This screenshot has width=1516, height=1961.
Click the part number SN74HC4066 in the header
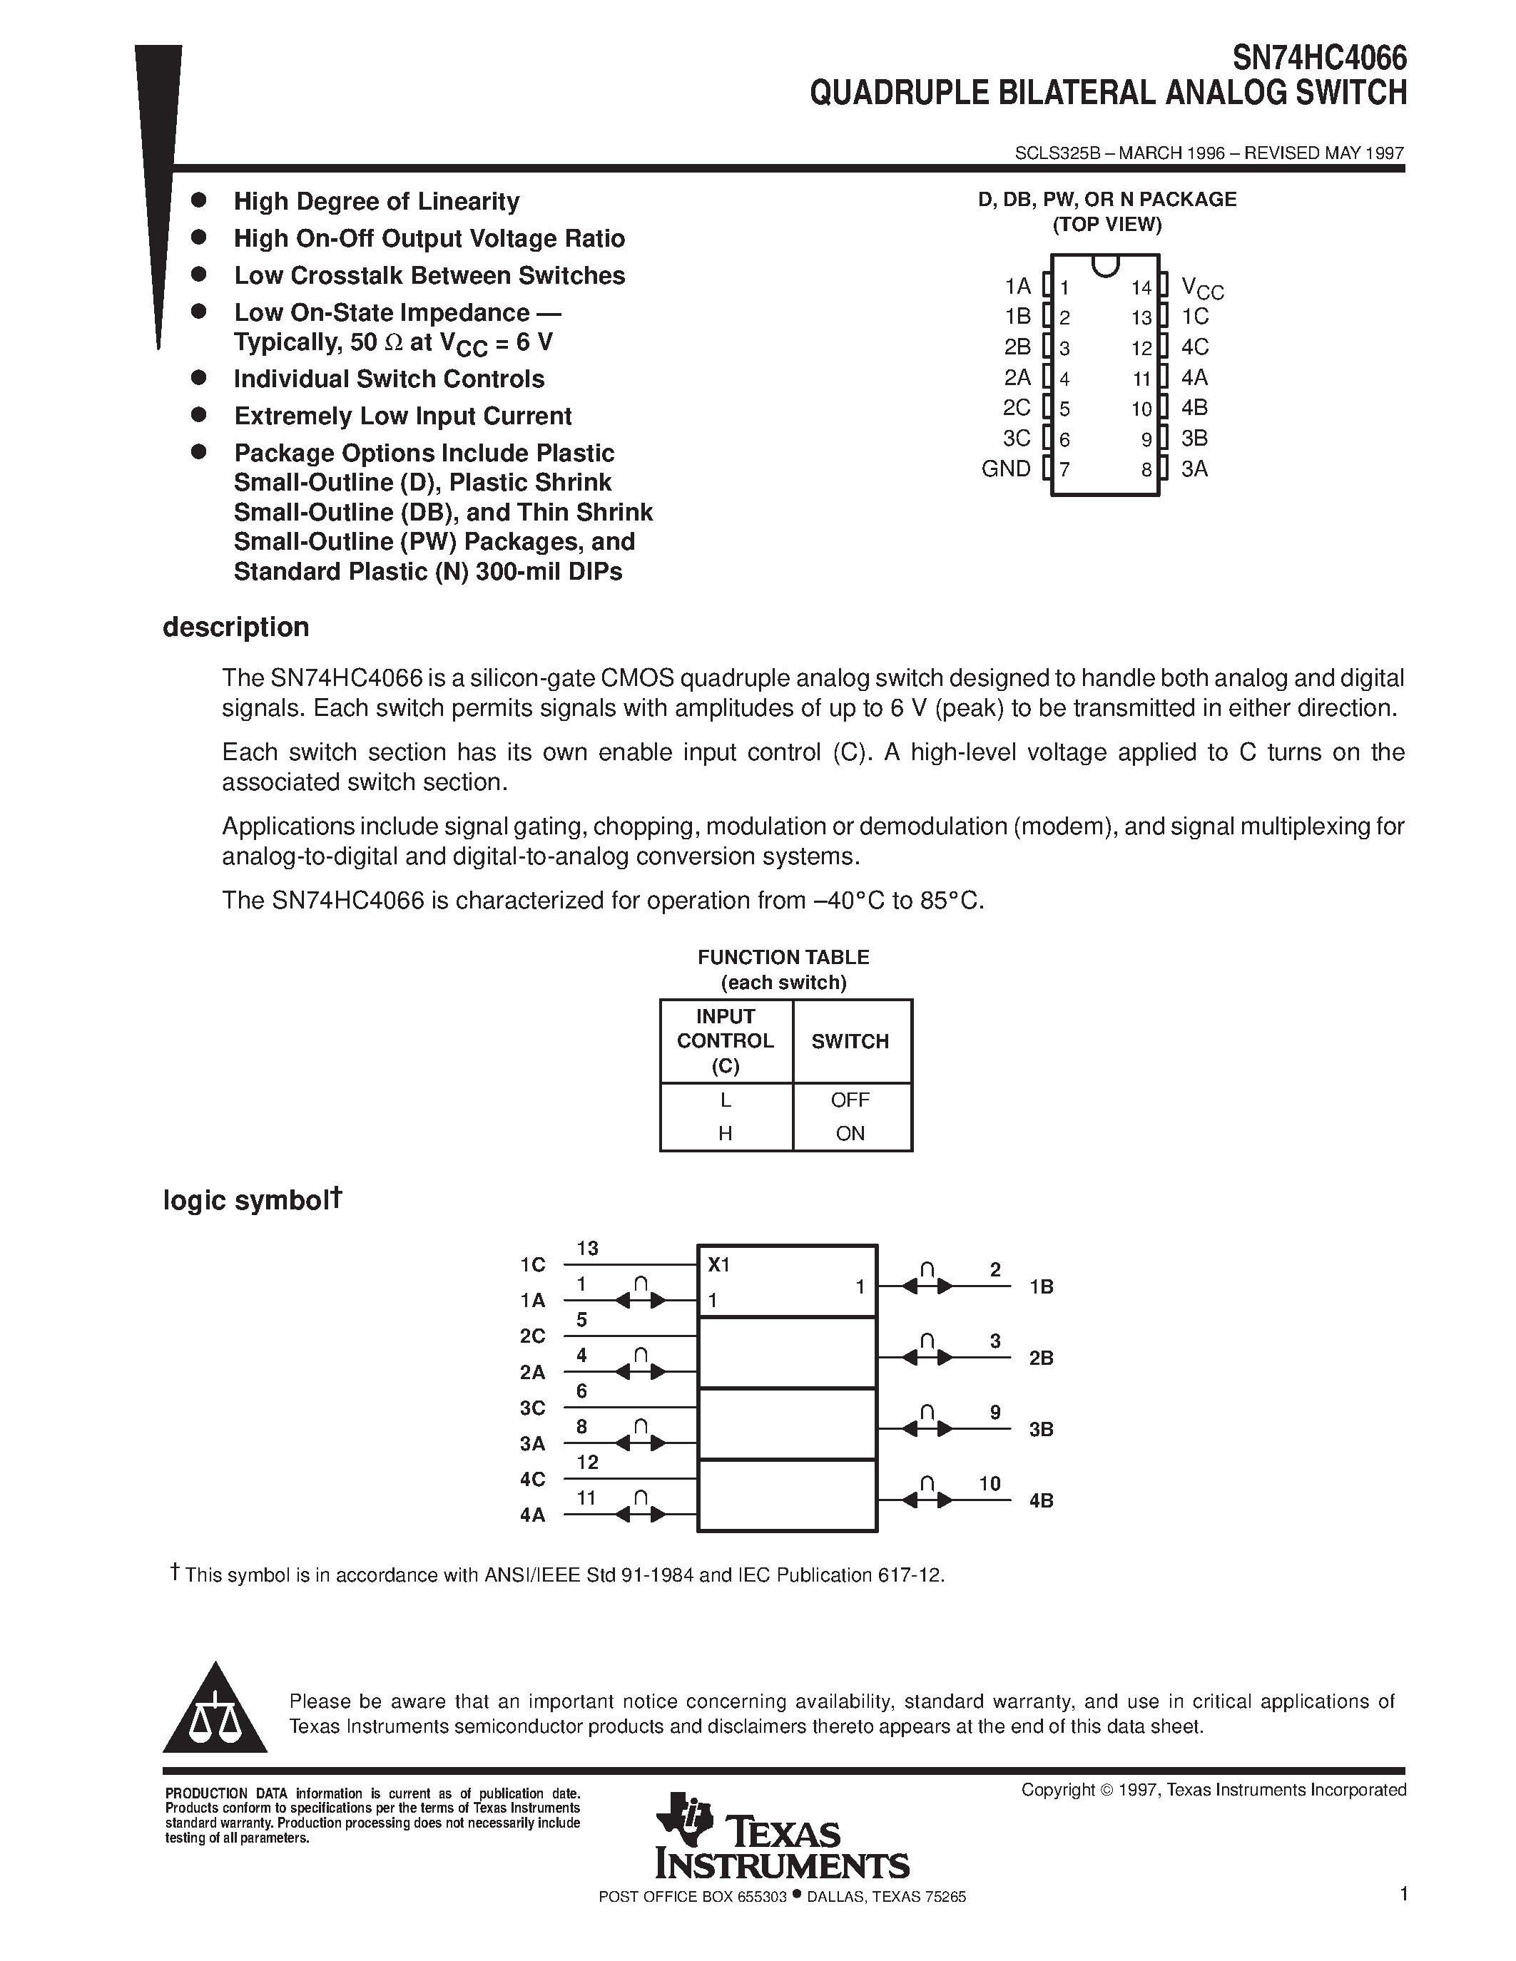[x=1318, y=58]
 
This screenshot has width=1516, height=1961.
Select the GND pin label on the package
[x=1006, y=469]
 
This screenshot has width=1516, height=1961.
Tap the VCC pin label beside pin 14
[x=1201, y=288]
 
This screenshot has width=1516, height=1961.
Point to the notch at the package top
[x=1106, y=265]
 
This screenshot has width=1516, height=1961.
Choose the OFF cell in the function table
[x=850, y=1100]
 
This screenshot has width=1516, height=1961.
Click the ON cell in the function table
[x=850, y=1134]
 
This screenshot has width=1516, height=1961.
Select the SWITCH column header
[x=850, y=1042]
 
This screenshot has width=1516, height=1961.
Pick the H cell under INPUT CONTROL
[x=725, y=1134]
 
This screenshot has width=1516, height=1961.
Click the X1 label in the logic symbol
[x=718, y=1265]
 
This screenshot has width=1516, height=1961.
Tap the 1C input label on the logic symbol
[x=533, y=1265]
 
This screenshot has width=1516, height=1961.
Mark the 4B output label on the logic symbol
[x=1041, y=1500]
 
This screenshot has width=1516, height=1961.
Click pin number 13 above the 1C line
[x=587, y=1249]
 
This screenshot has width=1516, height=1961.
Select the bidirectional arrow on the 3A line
[x=641, y=1443]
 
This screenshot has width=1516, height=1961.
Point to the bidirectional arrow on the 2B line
[x=927, y=1358]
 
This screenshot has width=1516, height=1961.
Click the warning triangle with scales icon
[x=215, y=1709]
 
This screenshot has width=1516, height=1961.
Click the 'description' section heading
[x=235, y=627]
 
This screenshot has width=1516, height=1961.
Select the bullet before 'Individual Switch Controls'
[x=199, y=378]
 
